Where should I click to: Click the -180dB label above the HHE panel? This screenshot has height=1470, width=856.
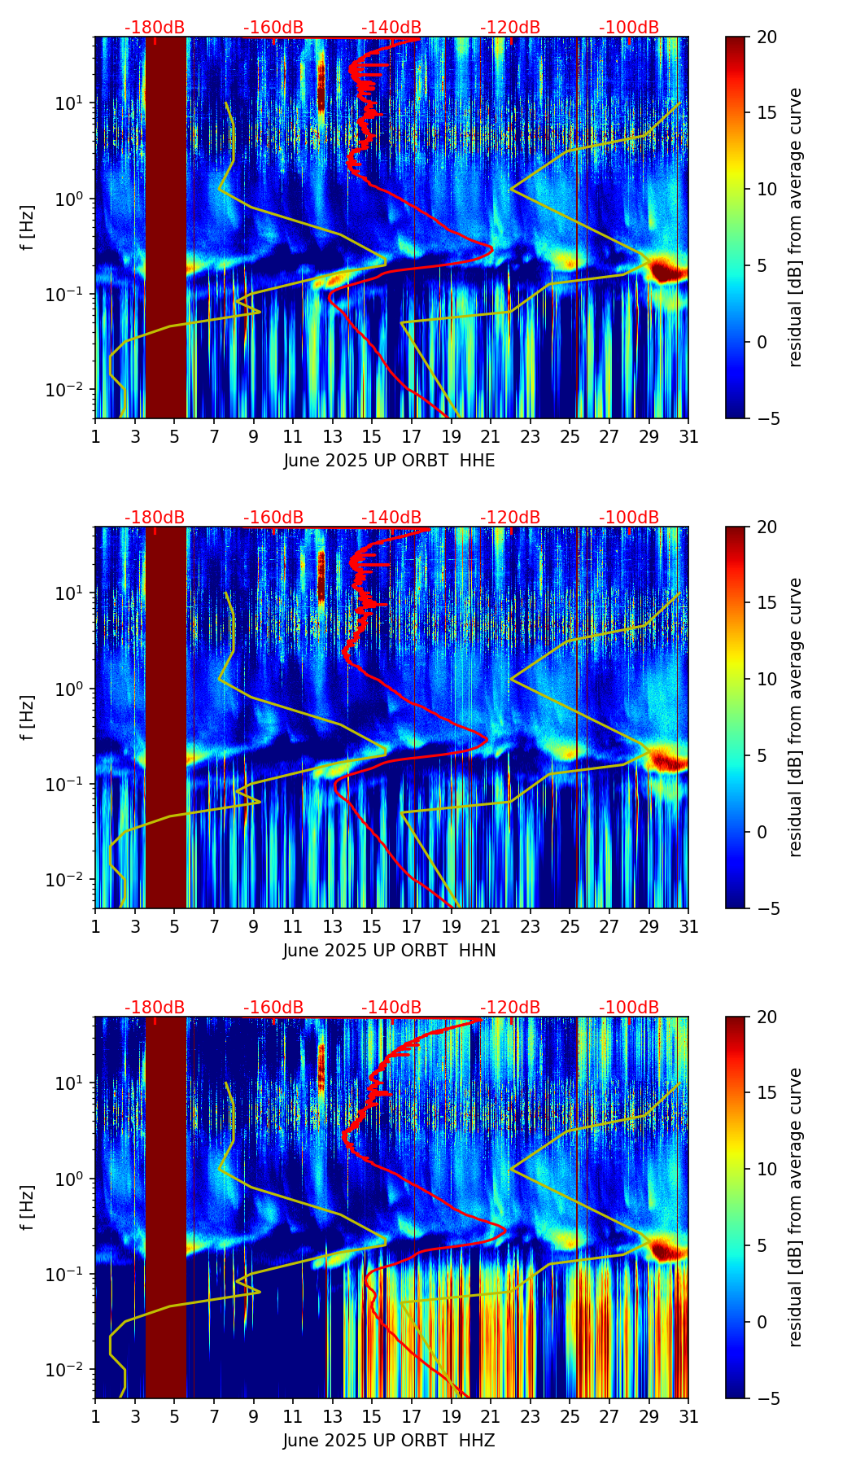pos(155,28)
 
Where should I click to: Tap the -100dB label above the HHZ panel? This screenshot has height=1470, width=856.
pos(629,1008)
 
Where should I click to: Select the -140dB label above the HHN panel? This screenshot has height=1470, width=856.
pos(391,518)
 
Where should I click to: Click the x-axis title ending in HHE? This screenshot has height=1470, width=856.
pos(389,461)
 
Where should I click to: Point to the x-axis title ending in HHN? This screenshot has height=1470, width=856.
pos(389,951)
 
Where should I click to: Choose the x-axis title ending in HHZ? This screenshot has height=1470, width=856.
pos(389,1441)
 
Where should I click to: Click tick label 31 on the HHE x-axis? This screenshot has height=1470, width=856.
pos(688,436)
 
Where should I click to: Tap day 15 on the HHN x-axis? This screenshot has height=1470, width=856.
pos(372,926)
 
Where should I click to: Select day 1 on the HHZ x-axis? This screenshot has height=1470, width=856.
pos(95,1416)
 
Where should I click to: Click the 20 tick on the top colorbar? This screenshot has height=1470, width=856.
pos(766,37)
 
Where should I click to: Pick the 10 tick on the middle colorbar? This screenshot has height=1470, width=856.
pos(766,679)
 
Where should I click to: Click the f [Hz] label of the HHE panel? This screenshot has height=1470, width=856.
pos(28,227)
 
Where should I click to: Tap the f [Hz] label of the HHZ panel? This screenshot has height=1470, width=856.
pos(28,1207)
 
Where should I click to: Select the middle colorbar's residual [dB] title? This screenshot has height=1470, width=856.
pos(795,717)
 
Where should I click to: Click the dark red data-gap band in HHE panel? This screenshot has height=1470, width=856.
pos(166,227)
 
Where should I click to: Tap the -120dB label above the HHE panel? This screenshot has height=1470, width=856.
pos(510,28)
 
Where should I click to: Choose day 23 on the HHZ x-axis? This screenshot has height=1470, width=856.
pos(531,1416)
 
